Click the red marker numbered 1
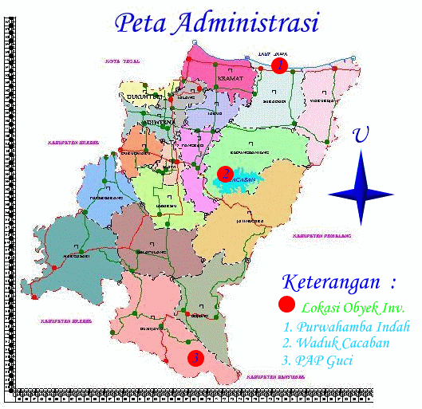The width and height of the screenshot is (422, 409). (278, 66)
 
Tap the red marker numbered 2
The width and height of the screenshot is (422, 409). (226, 173)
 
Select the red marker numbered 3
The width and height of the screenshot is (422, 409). (195, 358)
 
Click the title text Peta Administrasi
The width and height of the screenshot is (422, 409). (216, 23)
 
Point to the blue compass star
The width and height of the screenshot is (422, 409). (361, 190)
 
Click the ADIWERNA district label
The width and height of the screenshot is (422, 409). (157, 123)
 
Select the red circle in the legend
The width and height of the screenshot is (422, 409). (286, 305)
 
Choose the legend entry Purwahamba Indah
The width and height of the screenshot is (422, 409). (346, 327)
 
